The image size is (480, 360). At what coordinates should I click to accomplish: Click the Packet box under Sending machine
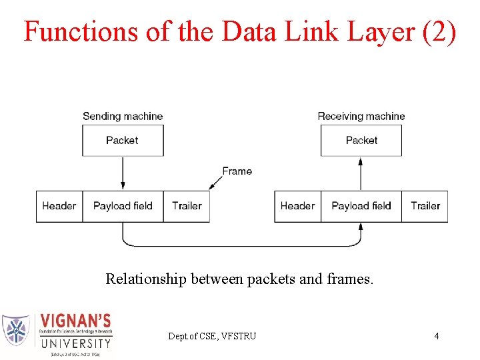[123, 140]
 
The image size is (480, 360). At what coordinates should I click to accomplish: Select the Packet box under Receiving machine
[361, 140]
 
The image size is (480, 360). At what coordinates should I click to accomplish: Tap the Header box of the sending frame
[59, 206]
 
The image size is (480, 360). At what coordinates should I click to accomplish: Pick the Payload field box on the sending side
[123, 206]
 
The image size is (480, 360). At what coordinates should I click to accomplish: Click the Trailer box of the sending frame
[187, 206]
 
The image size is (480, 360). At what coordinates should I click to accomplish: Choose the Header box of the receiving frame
[298, 206]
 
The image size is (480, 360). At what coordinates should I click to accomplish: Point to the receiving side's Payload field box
[361, 206]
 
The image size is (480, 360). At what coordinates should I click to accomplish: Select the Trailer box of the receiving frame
[425, 206]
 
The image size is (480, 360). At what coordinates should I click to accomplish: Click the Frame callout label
[237, 171]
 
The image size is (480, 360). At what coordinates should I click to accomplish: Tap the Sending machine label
[123, 116]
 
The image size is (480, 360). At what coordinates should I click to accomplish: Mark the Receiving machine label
[361, 116]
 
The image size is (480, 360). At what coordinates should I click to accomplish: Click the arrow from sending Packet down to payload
[123, 173]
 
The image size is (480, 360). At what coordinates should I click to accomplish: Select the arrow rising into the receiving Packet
[361, 173]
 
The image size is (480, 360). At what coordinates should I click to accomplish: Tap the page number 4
[437, 336]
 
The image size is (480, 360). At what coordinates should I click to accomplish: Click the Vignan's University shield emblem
[16, 329]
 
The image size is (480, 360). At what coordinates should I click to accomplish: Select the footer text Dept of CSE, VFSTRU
[212, 336]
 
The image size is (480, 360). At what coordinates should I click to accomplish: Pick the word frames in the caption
[351, 279]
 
